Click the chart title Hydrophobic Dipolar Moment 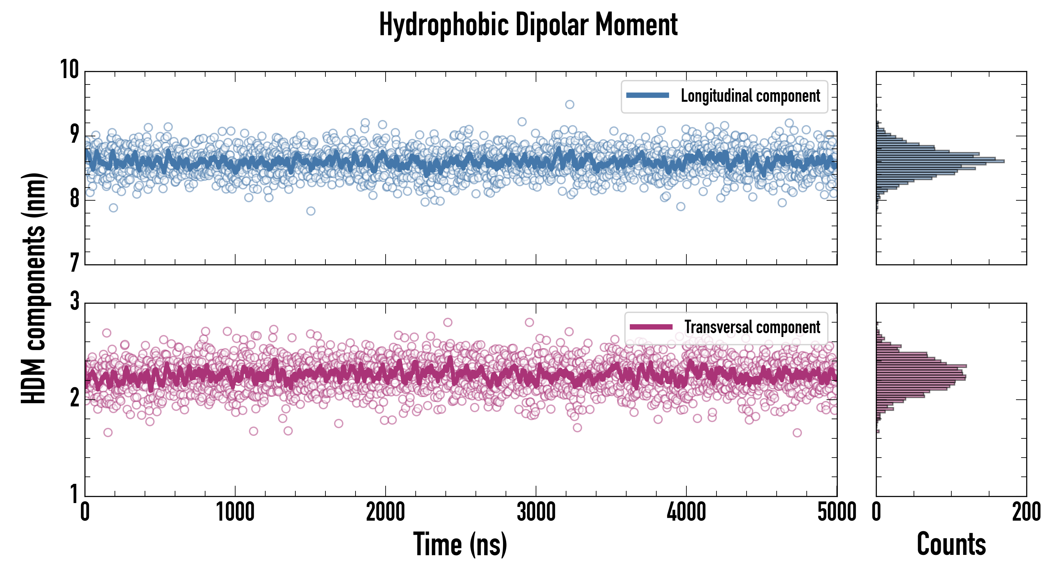coord(528,25)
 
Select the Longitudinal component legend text coord(750,96)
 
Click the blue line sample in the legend coord(647,96)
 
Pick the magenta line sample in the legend coord(651,327)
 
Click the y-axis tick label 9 coord(74,134)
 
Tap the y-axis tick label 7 coord(74,263)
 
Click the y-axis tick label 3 coord(74,301)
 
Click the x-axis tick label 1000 coord(235,512)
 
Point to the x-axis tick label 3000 coord(536,512)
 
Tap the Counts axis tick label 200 coord(1026,512)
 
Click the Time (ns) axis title coord(460,544)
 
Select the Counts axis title coord(951,544)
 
